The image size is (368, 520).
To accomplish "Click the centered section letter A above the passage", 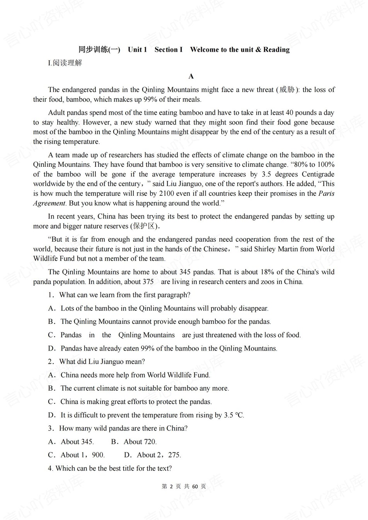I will pos(191,76).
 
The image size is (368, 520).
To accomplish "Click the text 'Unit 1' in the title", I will pos(137,49).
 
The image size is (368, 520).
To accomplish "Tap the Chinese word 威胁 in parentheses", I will pos(287,90).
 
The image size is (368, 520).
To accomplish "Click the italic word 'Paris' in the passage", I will pos(326,193).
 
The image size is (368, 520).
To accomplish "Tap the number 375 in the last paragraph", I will pos(148,281).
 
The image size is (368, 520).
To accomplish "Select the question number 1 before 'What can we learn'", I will pos(51,295).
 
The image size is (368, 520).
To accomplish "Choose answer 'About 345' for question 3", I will pos(77,442).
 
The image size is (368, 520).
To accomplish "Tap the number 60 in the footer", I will pos(195,486).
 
